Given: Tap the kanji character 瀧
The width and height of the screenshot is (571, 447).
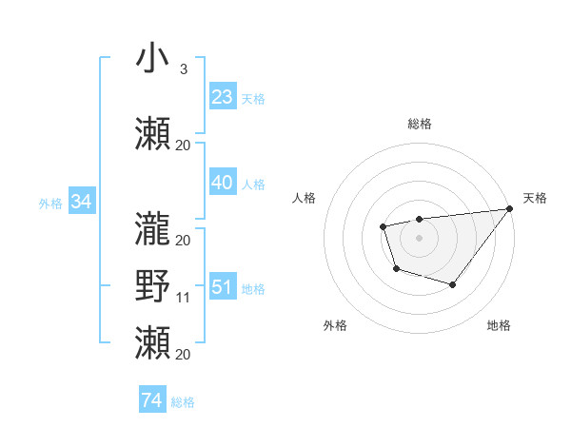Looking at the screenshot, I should point(152,228).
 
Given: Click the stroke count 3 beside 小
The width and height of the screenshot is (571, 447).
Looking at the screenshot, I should point(183,69).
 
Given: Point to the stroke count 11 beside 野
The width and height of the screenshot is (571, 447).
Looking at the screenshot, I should point(183,298).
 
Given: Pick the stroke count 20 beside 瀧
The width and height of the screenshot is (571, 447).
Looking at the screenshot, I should point(183,241).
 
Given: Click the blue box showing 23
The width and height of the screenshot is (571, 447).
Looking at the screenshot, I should point(223,97).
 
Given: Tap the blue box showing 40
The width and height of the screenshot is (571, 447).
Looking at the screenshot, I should point(223,183).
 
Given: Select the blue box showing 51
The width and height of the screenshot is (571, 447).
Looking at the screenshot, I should point(223,287).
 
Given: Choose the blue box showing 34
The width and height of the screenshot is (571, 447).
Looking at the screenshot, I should point(82,202).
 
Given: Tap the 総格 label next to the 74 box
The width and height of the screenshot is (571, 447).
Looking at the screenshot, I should point(183,402).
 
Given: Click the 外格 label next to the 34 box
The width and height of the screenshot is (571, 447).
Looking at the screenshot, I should point(50,203).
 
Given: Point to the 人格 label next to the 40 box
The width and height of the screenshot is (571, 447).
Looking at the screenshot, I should point(253,184).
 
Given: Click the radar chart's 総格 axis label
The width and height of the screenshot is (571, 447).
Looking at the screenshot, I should point(419,125).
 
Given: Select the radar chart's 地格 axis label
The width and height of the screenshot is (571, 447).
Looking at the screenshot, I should point(499,325).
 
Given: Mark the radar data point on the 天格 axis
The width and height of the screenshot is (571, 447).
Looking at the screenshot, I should point(511,208).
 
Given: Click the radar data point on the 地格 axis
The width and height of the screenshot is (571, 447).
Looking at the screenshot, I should point(453,284).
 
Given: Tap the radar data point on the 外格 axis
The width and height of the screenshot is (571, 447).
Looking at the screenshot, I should point(396,269).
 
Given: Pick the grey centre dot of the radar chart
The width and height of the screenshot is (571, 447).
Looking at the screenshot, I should point(419,237).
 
